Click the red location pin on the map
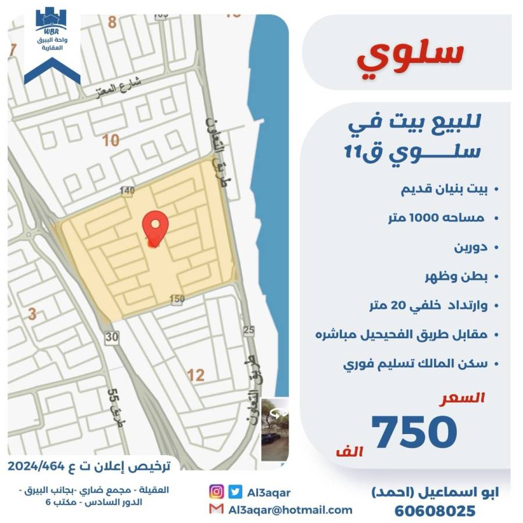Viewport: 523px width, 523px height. [156, 227]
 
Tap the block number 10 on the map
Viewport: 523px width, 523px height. [110, 140]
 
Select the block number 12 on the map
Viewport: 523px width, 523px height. [196, 375]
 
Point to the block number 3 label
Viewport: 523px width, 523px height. [33, 314]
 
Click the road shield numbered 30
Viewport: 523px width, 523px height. [112, 336]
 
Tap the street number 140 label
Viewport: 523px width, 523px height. [127, 191]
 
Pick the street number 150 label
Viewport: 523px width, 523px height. [177, 299]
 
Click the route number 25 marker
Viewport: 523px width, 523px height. [249, 330]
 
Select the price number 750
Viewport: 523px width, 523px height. [414, 432]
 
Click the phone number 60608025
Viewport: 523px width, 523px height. [435, 511]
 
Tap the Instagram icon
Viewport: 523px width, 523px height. [216, 492]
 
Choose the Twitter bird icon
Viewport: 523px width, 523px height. [235, 492]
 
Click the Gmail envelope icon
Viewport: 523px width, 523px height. [216, 510]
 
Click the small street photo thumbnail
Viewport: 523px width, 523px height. [274, 429]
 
